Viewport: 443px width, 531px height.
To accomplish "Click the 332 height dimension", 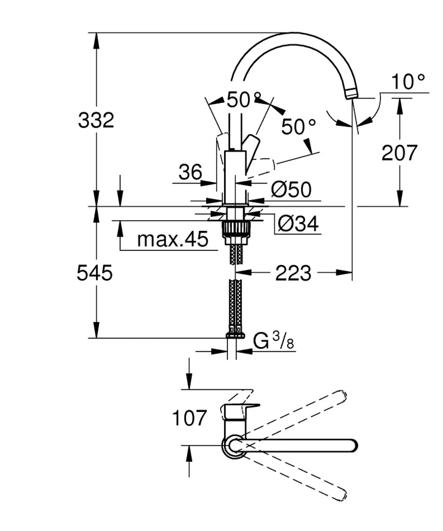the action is (96, 120).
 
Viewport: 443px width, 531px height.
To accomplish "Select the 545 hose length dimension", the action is (94, 273).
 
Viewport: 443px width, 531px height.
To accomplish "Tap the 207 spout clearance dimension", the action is (399, 152).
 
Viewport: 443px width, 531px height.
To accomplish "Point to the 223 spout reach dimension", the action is (293, 273).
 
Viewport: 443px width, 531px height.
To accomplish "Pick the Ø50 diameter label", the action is (291, 189).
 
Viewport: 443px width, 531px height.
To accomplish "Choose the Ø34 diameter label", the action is (298, 224).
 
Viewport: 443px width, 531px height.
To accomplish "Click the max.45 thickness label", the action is (173, 239).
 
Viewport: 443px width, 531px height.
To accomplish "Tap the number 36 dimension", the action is (190, 172).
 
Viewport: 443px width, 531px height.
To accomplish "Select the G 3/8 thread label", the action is (274, 342).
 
